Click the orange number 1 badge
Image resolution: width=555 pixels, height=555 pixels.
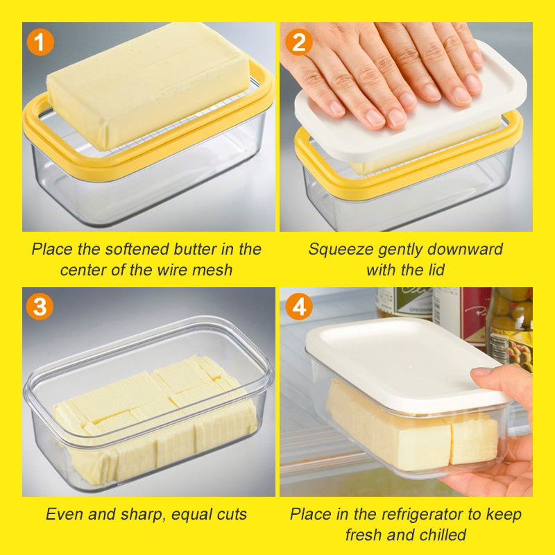[40, 43]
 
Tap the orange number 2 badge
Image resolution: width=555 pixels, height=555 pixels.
[298, 43]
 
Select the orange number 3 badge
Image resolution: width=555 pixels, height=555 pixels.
[40, 307]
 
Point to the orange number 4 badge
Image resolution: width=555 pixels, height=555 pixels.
[298, 307]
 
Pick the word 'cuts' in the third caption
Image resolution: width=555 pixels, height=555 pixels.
[230, 515]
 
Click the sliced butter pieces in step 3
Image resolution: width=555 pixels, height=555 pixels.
[153, 416]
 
